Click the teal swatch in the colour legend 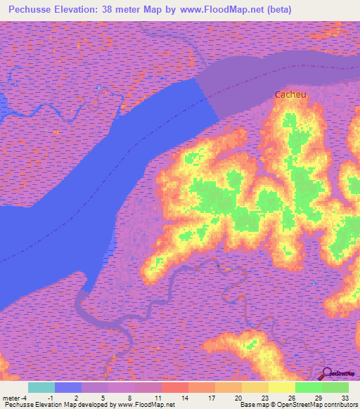[41, 387]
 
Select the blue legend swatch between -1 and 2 [68, 387]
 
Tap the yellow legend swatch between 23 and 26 [282, 387]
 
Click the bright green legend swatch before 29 [309, 387]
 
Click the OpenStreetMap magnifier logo [327, 374]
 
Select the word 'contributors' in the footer [337, 405]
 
